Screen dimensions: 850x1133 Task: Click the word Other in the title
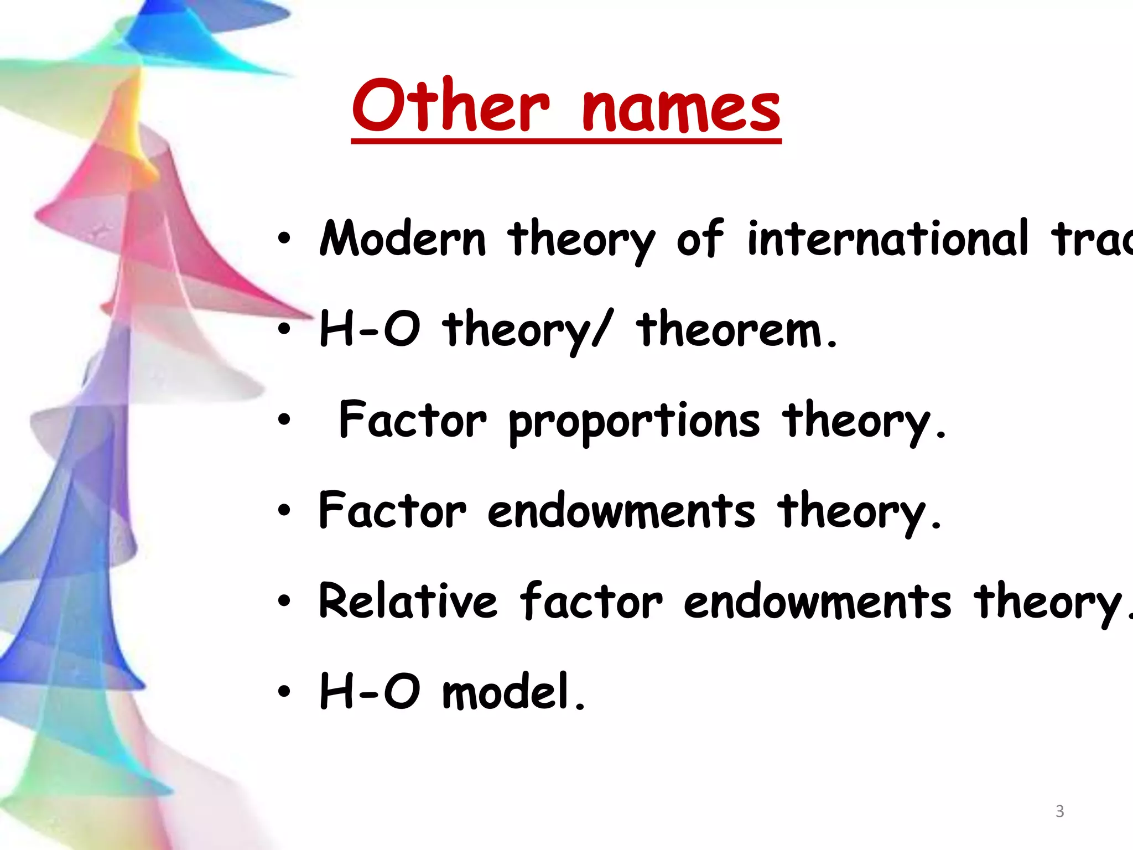point(451,106)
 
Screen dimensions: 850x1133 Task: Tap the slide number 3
point(1059,811)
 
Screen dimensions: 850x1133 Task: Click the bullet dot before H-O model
point(284,691)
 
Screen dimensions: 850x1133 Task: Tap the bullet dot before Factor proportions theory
point(284,420)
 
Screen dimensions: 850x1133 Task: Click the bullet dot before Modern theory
point(284,239)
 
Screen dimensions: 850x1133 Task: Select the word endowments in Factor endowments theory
point(621,511)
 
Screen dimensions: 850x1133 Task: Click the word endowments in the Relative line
point(817,602)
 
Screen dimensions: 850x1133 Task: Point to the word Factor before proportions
point(412,420)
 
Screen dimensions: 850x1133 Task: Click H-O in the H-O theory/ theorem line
point(370,329)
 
